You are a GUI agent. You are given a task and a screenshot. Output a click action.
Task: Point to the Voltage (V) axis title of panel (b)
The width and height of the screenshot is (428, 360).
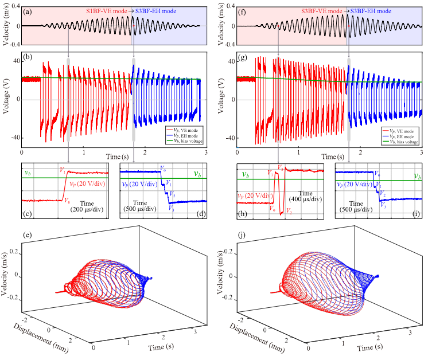click(6, 99)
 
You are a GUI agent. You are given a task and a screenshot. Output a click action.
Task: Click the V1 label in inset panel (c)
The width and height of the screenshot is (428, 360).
click(62, 169)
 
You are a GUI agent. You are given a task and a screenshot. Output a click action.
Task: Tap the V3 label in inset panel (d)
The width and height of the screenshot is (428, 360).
click(172, 209)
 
